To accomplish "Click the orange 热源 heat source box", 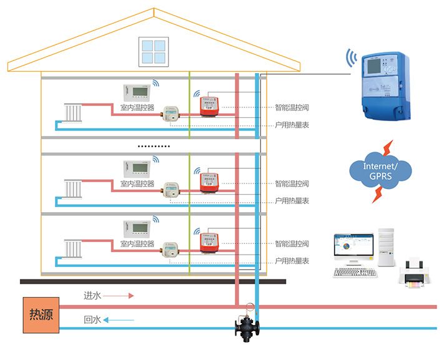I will click(x=42, y=314).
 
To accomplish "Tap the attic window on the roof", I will click(x=154, y=52).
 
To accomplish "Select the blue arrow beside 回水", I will click(x=119, y=320).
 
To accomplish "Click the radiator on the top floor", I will click(x=73, y=113).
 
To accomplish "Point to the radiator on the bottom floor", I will click(x=73, y=246).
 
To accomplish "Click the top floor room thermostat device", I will click(x=138, y=92).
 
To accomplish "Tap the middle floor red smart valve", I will click(x=209, y=182).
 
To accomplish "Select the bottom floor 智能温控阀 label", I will click(x=292, y=243).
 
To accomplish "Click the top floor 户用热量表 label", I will click(x=292, y=125).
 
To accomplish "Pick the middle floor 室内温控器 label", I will click(x=137, y=183).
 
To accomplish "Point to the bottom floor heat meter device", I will click(x=170, y=248).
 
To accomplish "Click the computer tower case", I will click(x=386, y=245).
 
